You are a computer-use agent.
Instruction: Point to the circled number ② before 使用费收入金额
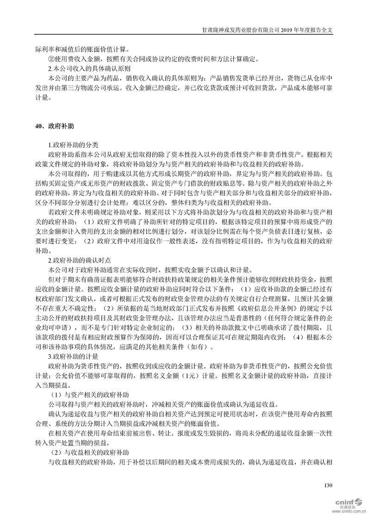51,58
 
